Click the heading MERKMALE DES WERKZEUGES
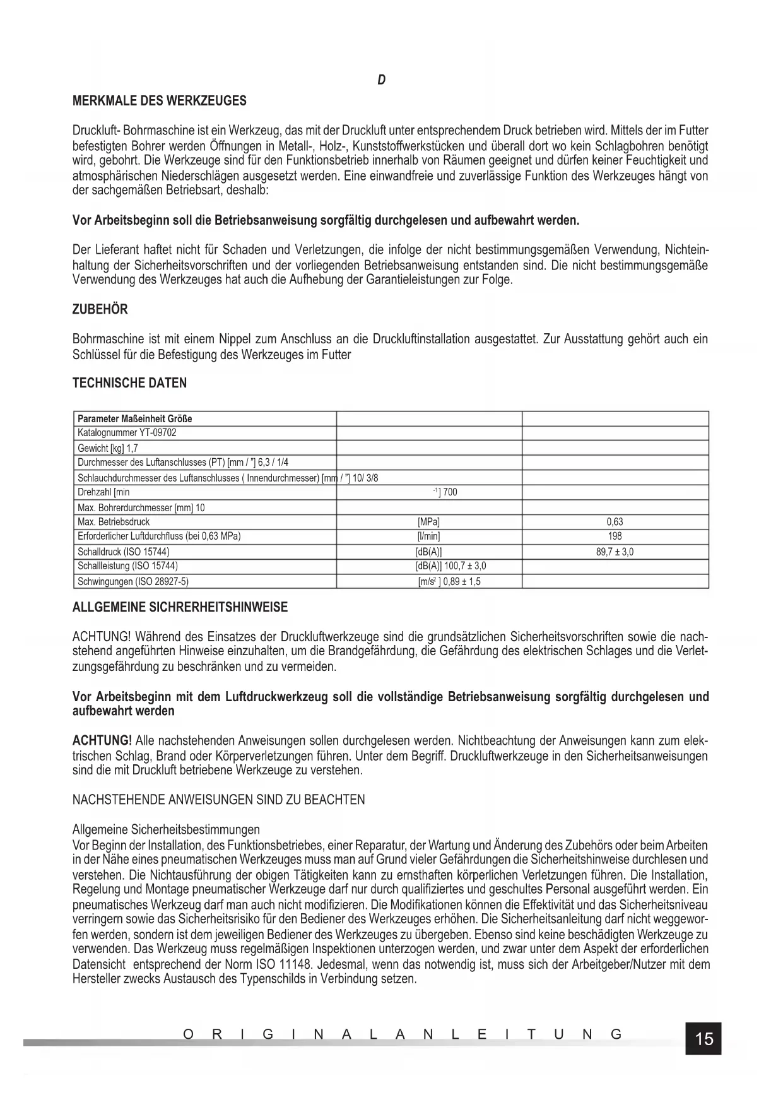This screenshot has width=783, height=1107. [x=160, y=101]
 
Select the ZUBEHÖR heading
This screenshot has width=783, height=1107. [x=100, y=309]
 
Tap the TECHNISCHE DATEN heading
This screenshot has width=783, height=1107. [x=129, y=383]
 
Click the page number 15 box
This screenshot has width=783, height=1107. [x=704, y=1038]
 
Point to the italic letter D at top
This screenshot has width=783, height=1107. [x=381, y=80]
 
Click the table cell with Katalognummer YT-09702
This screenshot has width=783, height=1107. [x=127, y=433]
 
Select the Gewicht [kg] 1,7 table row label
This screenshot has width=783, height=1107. [x=107, y=449]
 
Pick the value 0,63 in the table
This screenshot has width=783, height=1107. [x=615, y=522]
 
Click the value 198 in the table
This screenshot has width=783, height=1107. [x=615, y=536]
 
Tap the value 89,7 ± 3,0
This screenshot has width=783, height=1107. [x=615, y=552]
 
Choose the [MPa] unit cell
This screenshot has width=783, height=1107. [x=428, y=522]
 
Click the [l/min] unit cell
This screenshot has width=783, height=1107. [x=428, y=536]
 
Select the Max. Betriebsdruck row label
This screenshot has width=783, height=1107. [x=114, y=522]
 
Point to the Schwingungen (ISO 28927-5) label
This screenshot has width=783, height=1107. [x=133, y=581]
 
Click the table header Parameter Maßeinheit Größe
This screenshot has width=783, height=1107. [x=134, y=418]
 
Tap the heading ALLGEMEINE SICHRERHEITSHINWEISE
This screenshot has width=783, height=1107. [x=180, y=608]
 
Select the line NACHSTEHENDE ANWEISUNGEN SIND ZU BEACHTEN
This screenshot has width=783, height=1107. [x=218, y=800]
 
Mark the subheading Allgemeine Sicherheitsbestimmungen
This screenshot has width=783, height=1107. [x=166, y=829]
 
